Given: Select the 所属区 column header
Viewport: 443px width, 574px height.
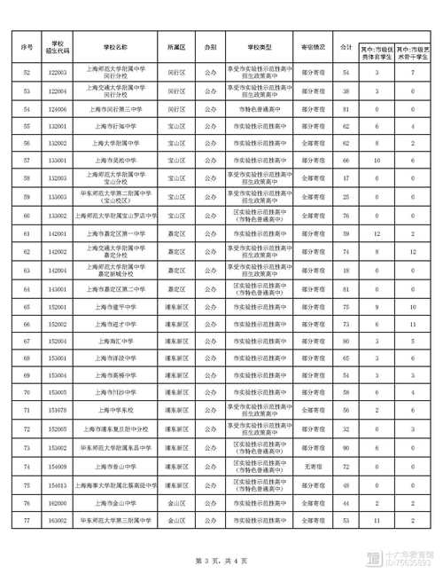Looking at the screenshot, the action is (x=175, y=45).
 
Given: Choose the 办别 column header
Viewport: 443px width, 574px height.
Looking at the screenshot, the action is (x=209, y=45).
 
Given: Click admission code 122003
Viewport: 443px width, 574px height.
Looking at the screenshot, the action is (x=58, y=70).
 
